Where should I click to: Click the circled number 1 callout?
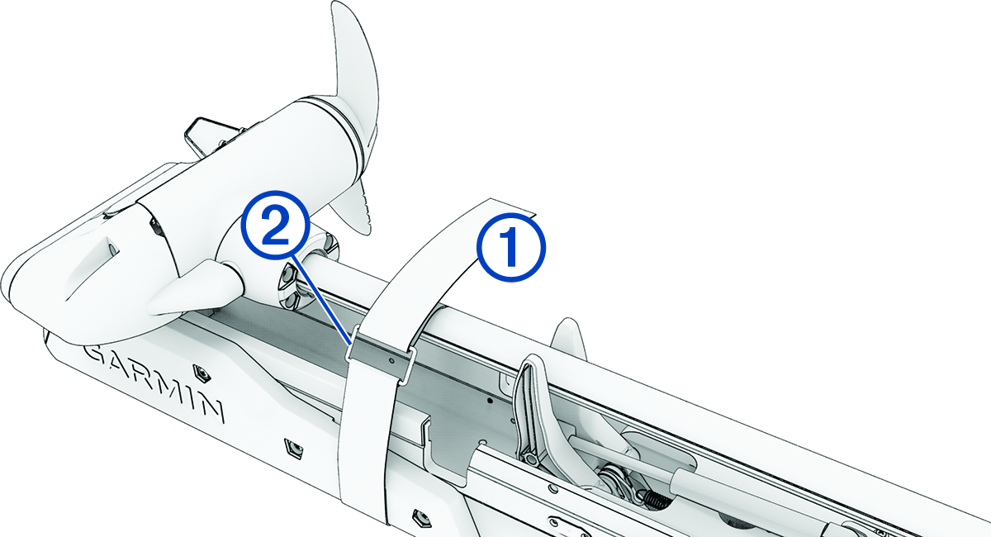click(510, 247)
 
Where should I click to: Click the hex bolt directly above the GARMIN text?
click(199, 368)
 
